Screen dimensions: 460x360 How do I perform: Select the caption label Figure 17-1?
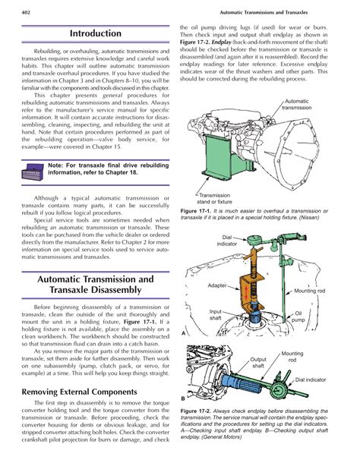(x=197, y=210)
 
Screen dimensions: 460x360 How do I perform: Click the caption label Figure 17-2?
(x=197, y=411)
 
